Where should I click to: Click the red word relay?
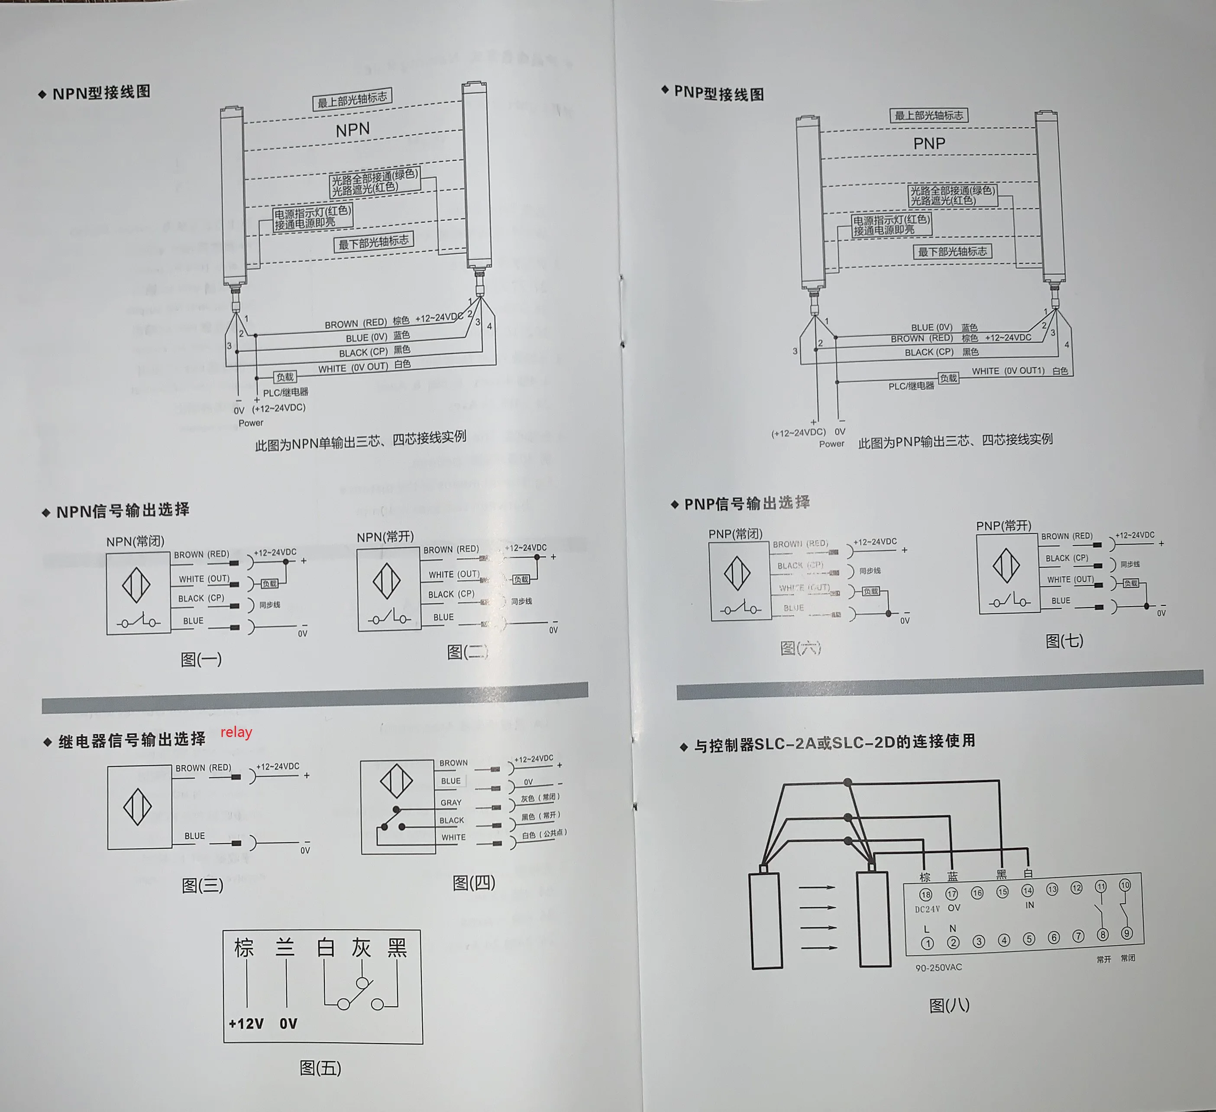point(236,732)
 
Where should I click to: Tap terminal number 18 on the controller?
point(925,894)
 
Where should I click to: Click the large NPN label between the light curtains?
point(353,129)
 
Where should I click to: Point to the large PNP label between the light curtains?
point(929,143)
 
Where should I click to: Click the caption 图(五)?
point(320,1068)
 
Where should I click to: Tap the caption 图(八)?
point(949,1005)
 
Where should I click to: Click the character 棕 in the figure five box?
point(244,948)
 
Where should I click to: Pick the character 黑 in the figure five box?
point(397,947)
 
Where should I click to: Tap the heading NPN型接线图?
point(101,93)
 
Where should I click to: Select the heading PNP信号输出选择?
point(746,504)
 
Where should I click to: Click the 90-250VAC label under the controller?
point(938,968)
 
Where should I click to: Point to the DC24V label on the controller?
point(927,909)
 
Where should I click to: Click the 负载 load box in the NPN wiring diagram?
point(285,377)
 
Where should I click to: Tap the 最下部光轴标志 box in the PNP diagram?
point(952,252)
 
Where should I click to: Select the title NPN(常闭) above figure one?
point(135,541)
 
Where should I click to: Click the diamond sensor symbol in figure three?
point(138,807)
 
